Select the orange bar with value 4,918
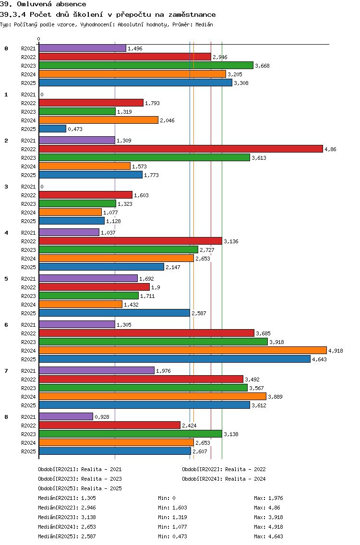182,351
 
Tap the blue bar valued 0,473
52,129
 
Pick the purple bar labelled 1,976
96,371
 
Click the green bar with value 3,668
146,66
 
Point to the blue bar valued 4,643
174,359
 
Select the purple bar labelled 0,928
66,417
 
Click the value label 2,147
173,267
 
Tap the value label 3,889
275,397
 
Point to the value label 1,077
110,213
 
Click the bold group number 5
6,279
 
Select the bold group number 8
6,417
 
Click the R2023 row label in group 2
28,158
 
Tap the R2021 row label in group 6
28,325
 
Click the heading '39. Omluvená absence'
43,4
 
